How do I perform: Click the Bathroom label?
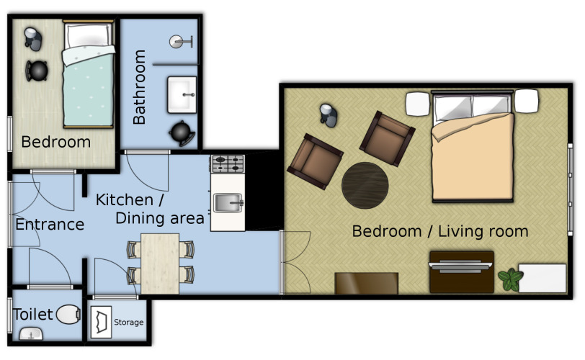click(x=139, y=87)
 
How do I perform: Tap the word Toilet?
click(x=33, y=314)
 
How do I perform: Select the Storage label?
click(x=129, y=322)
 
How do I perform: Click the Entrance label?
click(x=50, y=225)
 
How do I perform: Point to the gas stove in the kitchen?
click(x=228, y=164)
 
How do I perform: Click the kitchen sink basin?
click(x=228, y=203)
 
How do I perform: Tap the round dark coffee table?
click(x=365, y=185)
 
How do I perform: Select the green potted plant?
click(x=510, y=279)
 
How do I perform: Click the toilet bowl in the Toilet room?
click(x=68, y=314)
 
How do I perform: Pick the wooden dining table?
click(x=160, y=264)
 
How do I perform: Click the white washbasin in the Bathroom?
click(x=182, y=94)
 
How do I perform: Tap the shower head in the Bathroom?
click(x=181, y=42)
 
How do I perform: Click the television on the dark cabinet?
click(x=460, y=266)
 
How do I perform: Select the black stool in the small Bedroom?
click(x=37, y=71)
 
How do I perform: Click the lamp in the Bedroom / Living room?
click(x=329, y=115)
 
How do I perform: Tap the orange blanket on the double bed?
click(x=473, y=157)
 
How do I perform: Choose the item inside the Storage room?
click(x=101, y=322)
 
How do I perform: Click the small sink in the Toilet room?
click(x=32, y=334)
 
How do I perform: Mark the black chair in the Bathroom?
click(x=182, y=133)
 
